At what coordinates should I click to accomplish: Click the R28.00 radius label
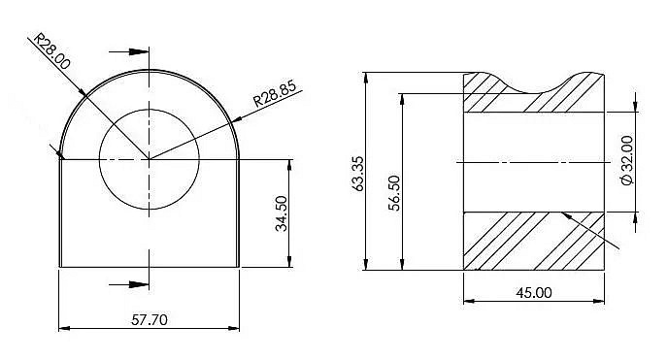pyautogui.click(x=51, y=51)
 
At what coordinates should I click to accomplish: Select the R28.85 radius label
pyautogui.click(x=275, y=93)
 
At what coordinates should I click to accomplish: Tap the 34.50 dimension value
pyautogui.click(x=282, y=213)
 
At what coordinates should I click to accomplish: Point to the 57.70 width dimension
pyautogui.click(x=150, y=319)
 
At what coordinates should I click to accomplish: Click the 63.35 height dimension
pyautogui.click(x=358, y=174)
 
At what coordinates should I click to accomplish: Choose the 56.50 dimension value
pyautogui.click(x=395, y=193)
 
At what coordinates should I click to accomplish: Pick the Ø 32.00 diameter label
pyautogui.click(x=627, y=160)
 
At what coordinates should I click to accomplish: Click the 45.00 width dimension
pyautogui.click(x=534, y=292)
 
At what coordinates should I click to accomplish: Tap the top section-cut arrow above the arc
pyautogui.click(x=129, y=52)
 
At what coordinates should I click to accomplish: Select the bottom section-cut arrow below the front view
pyautogui.click(x=129, y=284)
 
